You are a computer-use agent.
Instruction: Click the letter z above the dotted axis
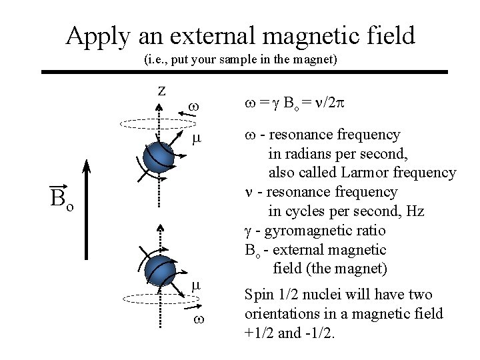tap(161, 90)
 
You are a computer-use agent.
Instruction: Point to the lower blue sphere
tap(160, 270)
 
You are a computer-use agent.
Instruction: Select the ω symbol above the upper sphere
tap(194, 106)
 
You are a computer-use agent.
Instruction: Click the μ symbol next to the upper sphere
tap(195, 139)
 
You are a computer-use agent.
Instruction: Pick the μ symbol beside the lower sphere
tap(195, 285)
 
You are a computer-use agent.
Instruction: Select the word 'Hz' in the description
tap(415, 211)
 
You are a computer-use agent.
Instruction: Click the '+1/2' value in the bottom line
tap(259, 332)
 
